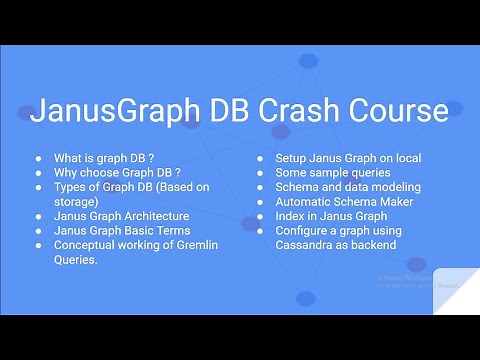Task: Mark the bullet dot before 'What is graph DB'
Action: click(x=38, y=158)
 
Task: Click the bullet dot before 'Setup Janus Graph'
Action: click(x=259, y=158)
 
